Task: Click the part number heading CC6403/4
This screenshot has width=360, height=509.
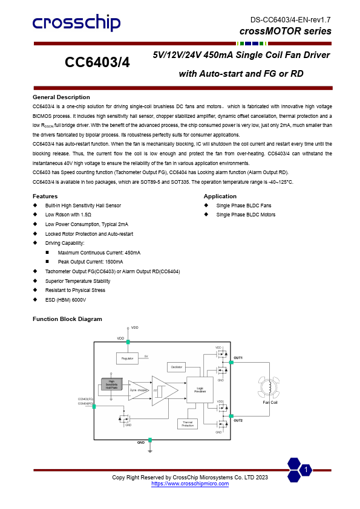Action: (97, 63)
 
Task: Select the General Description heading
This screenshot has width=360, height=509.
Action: (61, 97)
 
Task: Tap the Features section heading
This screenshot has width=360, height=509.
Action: (45, 196)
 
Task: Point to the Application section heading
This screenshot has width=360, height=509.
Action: (220, 196)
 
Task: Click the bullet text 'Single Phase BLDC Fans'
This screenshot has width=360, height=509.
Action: (244, 206)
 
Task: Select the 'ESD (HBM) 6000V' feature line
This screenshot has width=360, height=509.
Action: (65, 299)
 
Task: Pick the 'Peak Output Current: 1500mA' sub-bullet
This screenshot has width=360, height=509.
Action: (90, 262)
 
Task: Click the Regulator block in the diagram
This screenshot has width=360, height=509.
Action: (127, 358)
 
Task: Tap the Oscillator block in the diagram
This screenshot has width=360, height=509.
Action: (177, 367)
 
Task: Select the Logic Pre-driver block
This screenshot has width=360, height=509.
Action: (200, 391)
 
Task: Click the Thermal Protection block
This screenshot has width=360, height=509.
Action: (188, 423)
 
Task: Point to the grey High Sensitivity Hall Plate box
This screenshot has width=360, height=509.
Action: (111, 384)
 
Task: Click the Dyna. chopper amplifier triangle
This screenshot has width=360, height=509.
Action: (139, 391)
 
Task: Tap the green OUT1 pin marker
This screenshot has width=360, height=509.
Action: (231, 362)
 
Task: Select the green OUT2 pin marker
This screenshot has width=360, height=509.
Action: (231, 416)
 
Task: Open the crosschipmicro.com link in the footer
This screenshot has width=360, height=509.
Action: (190, 484)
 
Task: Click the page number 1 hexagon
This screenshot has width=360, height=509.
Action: (307, 470)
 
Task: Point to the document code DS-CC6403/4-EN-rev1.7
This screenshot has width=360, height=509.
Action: (290, 20)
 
